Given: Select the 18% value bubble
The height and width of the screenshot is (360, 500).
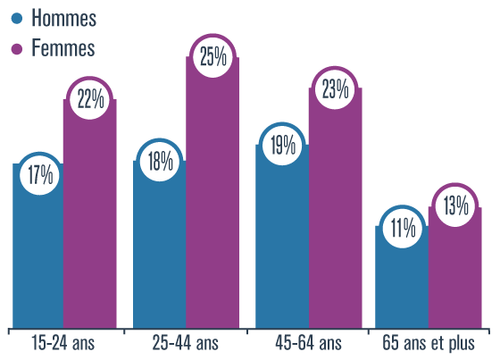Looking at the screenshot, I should [x=161, y=162].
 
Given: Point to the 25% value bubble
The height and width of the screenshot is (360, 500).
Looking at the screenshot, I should [x=212, y=60].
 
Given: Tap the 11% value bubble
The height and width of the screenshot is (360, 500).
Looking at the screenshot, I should [x=402, y=228].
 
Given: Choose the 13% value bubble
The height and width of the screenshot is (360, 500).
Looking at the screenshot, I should [x=454, y=207].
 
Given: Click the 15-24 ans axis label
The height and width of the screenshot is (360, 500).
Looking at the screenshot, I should [x=62, y=344].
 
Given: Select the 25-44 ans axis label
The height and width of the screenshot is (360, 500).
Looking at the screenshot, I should [x=186, y=344].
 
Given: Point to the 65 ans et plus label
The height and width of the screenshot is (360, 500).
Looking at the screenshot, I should [x=429, y=344].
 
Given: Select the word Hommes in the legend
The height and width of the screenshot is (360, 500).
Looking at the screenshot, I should [x=62, y=19].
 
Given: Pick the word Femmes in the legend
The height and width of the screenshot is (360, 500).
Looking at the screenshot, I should [x=62, y=48].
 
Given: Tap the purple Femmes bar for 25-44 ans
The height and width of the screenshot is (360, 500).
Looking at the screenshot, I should [x=212, y=205].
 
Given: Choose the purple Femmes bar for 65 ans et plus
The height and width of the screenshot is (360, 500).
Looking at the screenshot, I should [x=454, y=277].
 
